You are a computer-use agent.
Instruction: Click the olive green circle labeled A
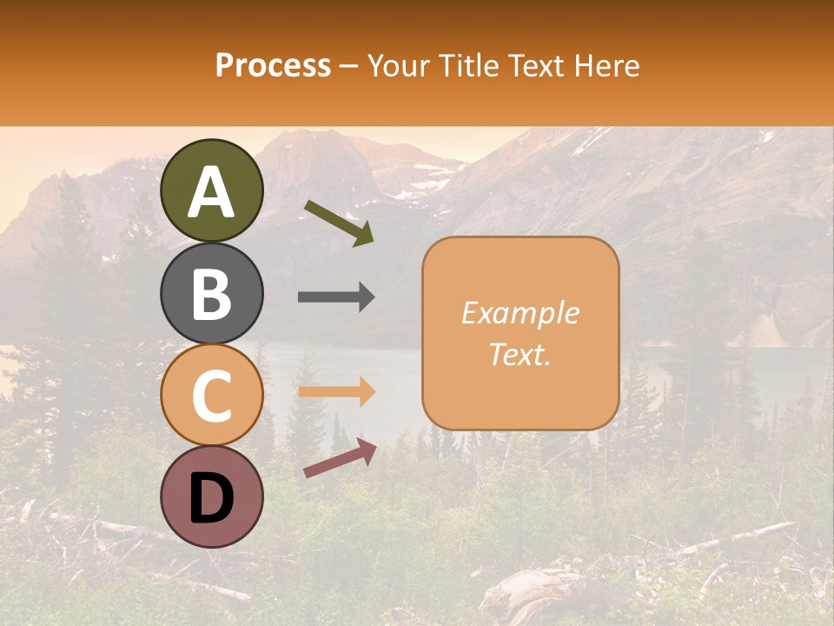pos(212,190)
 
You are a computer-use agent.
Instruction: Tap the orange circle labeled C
pos(212,395)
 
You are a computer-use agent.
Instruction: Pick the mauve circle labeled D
pos(212,496)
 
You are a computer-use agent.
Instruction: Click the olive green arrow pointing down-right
pos(339,223)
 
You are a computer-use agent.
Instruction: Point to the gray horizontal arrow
pos(336,296)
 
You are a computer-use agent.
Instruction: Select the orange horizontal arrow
pos(336,392)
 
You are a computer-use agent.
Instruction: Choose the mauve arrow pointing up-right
pos(340,458)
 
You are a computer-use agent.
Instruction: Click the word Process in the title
pos(273,66)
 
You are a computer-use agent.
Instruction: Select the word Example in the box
pos(520,313)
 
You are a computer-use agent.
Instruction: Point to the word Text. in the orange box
pos(520,354)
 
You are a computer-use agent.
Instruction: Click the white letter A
pos(212,192)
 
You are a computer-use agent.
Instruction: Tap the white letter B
pos(212,294)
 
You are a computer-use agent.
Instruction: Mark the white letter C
pos(212,396)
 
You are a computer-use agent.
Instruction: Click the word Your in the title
pos(398,66)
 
